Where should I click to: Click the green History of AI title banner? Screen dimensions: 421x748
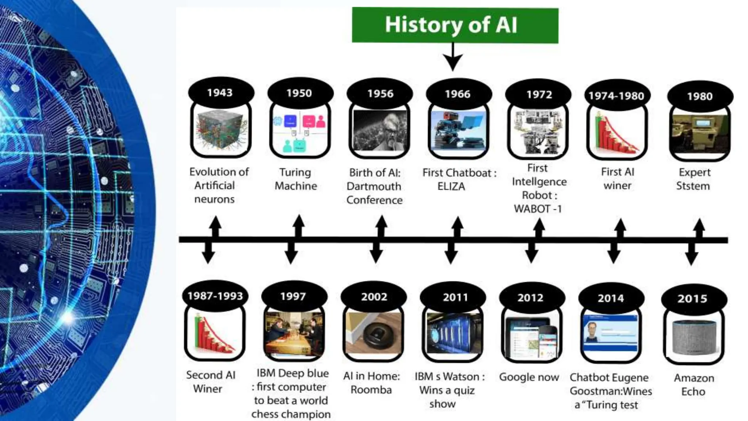click(x=455, y=25)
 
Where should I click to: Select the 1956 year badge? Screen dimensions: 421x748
click(x=380, y=94)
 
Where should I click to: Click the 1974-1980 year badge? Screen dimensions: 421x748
click(x=616, y=96)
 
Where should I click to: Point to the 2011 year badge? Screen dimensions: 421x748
click(x=455, y=297)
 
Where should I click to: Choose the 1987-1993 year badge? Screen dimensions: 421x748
click(x=215, y=296)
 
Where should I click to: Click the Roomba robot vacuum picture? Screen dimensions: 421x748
click(x=373, y=333)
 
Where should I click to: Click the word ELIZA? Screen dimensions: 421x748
click(x=451, y=186)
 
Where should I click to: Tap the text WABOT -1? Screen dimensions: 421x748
click(x=538, y=209)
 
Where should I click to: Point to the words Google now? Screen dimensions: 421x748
click(x=529, y=377)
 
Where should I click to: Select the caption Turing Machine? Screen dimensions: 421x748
click(x=296, y=179)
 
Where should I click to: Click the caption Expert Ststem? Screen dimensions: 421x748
click(x=693, y=179)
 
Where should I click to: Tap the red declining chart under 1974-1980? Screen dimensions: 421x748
click(x=617, y=134)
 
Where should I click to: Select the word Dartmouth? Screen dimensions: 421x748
click(x=374, y=186)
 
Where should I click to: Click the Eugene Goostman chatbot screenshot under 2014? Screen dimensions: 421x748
click(x=611, y=333)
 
